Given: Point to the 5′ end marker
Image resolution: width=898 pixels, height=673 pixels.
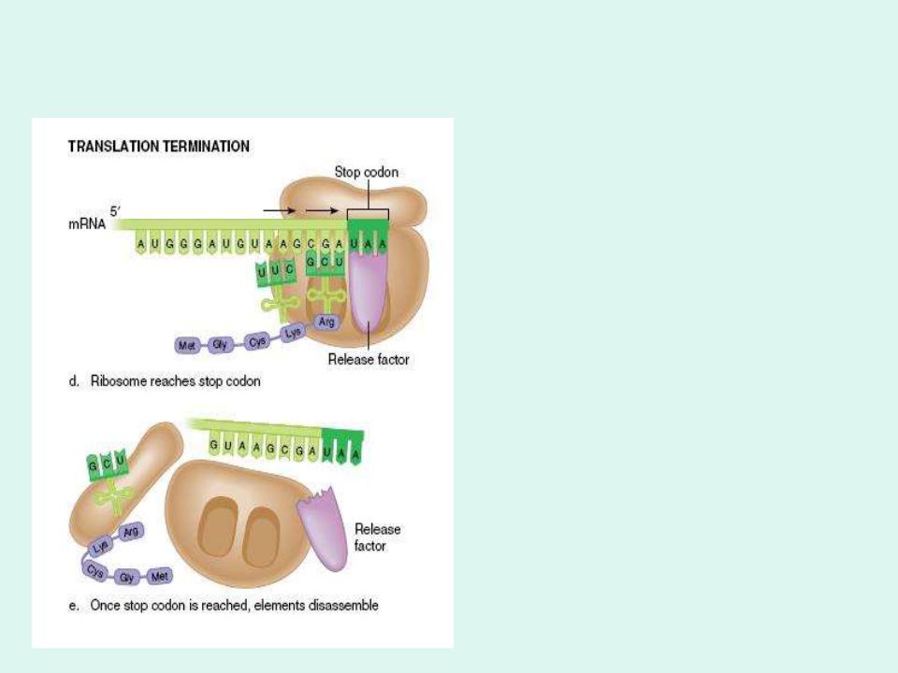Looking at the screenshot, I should (x=115, y=212).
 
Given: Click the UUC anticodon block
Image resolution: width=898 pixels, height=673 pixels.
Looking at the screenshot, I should (x=276, y=271).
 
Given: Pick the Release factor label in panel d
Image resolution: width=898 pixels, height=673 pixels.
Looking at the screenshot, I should (x=369, y=359).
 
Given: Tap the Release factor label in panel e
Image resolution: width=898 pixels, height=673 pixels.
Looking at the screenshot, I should (x=377, y=537).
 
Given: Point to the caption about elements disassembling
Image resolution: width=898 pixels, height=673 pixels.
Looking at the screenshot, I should (x=234, y=606).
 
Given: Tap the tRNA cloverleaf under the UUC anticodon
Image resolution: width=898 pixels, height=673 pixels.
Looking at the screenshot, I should (x=276, y=305).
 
